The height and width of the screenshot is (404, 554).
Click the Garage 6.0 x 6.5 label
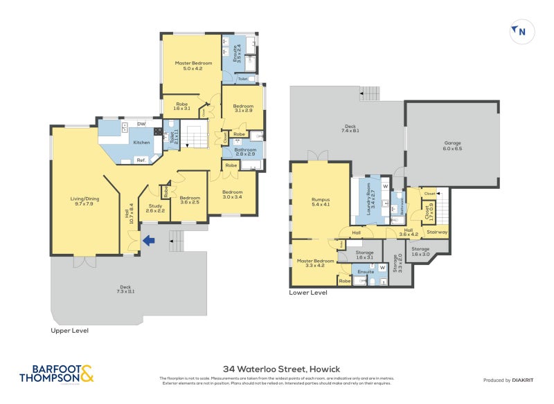point(452,147)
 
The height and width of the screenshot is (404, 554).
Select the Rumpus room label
point(320,202)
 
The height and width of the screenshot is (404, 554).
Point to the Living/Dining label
point(84,201)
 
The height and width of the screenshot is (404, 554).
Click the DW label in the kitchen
point(141,125)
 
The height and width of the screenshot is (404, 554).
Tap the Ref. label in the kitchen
point(140,160)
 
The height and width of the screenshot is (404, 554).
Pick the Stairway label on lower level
point(437,232)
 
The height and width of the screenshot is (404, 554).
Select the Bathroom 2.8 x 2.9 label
point(245,151)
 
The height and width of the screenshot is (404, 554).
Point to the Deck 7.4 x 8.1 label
point(350,129)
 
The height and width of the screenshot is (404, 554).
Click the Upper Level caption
point(69,331)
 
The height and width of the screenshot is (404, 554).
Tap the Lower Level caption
point(307,293)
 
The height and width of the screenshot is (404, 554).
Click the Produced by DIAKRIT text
point(510,380)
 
